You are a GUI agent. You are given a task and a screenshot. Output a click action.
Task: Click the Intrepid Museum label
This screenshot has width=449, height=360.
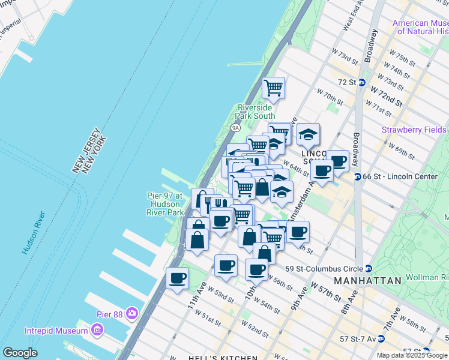click(x=53, y=331)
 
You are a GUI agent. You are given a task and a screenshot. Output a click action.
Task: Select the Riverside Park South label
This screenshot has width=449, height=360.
click(x=256, y=112)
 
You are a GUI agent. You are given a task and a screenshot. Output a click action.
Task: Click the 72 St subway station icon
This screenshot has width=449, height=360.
click(x=361, y=82)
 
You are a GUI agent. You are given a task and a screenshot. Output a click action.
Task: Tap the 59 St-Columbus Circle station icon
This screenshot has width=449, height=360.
click(x=369, y=268)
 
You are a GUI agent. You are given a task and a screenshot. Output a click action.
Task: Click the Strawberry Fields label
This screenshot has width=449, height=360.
click(x=415, y=130)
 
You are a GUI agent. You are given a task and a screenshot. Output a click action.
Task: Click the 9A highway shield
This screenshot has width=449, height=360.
click(x=235, y=128)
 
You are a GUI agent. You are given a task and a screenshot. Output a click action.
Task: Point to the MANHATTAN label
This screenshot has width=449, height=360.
click(x=367, y=281)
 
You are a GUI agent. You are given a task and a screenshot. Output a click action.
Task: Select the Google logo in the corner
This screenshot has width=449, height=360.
click(x=20, y=353)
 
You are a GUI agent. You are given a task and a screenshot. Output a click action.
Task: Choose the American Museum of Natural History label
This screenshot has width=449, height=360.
click(x=420, y=28)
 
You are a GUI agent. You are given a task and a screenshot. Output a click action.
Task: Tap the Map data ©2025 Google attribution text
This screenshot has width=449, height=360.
click(x=412, y=355)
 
